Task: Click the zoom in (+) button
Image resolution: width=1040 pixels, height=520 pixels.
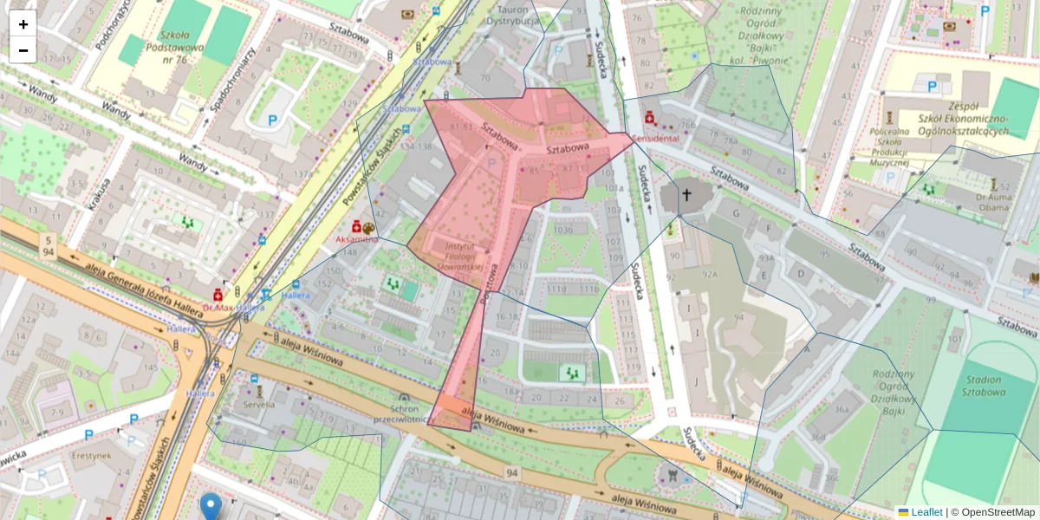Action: (x=23, y=23)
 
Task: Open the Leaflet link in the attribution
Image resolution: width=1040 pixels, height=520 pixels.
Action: (x=926, y=512)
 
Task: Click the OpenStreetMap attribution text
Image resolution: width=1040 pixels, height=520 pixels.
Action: (x=997, y=512)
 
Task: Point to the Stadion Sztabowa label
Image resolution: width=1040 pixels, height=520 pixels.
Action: (x=981, y=386)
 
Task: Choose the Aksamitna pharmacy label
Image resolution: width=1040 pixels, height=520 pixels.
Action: (x=356, y=238)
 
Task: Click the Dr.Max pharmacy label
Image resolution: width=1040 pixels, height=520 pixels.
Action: (x=218, y=307)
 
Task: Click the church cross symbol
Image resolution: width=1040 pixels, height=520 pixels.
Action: (x=686, y=195)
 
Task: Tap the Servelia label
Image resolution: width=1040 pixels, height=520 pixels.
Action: (x=257, y=404)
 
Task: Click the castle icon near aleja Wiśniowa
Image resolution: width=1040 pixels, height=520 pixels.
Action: (x=669, y=474)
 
